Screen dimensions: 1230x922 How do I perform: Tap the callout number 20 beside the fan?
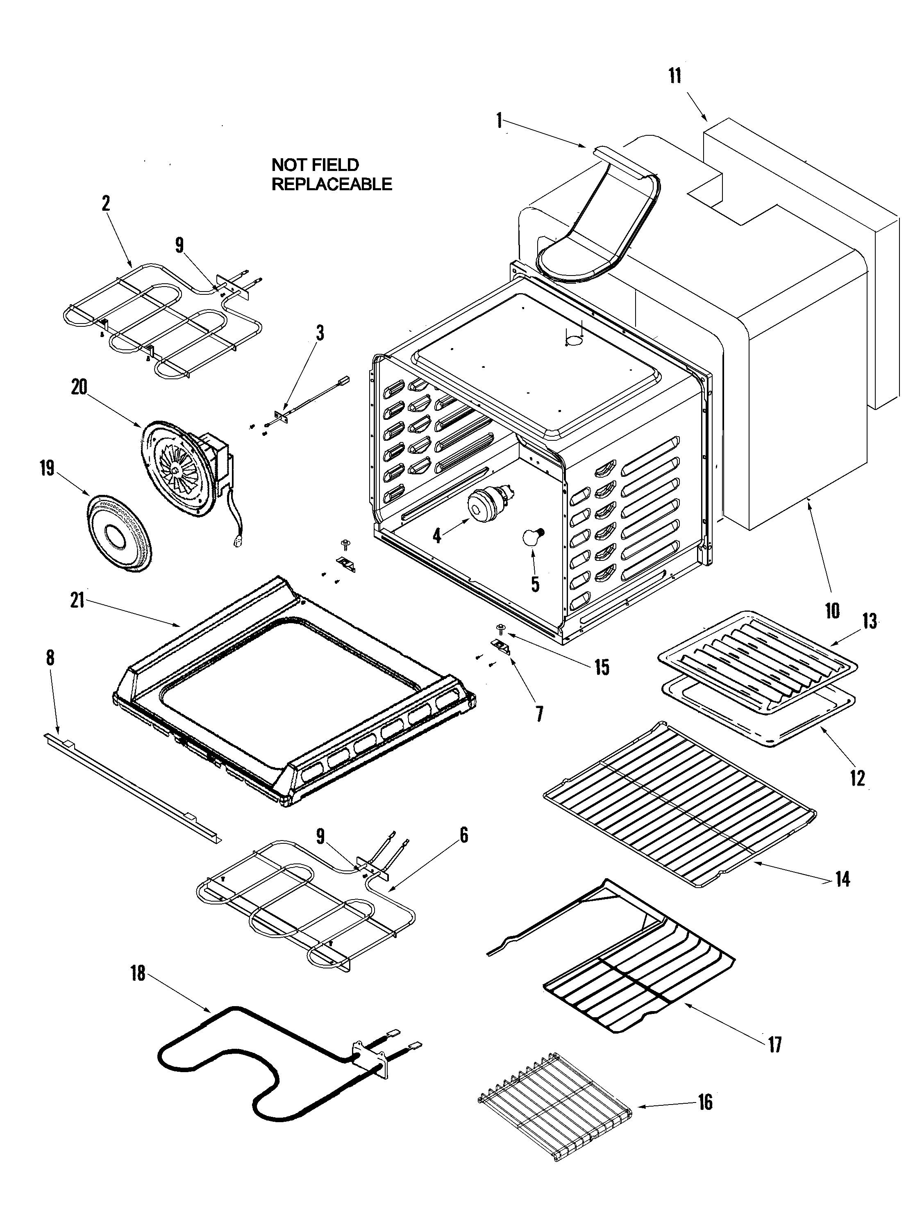[x=79, y=387]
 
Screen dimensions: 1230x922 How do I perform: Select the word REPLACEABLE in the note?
[x=332, y=184]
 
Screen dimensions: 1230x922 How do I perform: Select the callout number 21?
[x=77, y=601]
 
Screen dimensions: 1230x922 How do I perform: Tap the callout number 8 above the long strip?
[x=50, y=658]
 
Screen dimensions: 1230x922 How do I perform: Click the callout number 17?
[x=775, y=1045]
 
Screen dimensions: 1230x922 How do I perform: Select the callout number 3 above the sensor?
[x=320, y=333]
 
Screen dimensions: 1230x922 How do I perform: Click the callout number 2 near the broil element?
[x=106, y=203]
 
